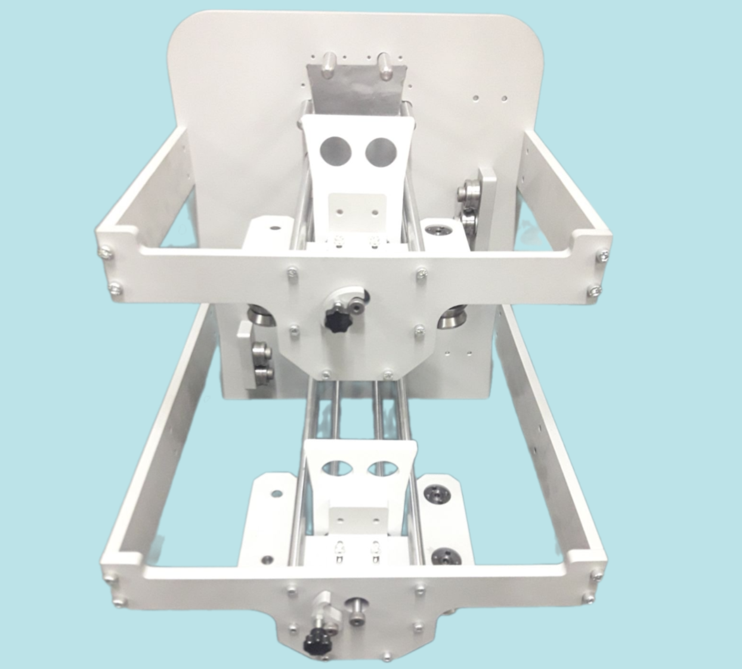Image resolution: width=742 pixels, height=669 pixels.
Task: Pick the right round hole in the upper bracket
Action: click(379, 151)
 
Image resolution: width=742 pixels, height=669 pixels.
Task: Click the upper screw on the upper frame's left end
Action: click(106, 252)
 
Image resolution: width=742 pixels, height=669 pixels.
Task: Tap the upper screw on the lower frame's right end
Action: click(597, 575)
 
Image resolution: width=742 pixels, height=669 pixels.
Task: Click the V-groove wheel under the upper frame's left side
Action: click(258, 315)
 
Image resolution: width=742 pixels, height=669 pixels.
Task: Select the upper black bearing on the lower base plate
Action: click(434, 493)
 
